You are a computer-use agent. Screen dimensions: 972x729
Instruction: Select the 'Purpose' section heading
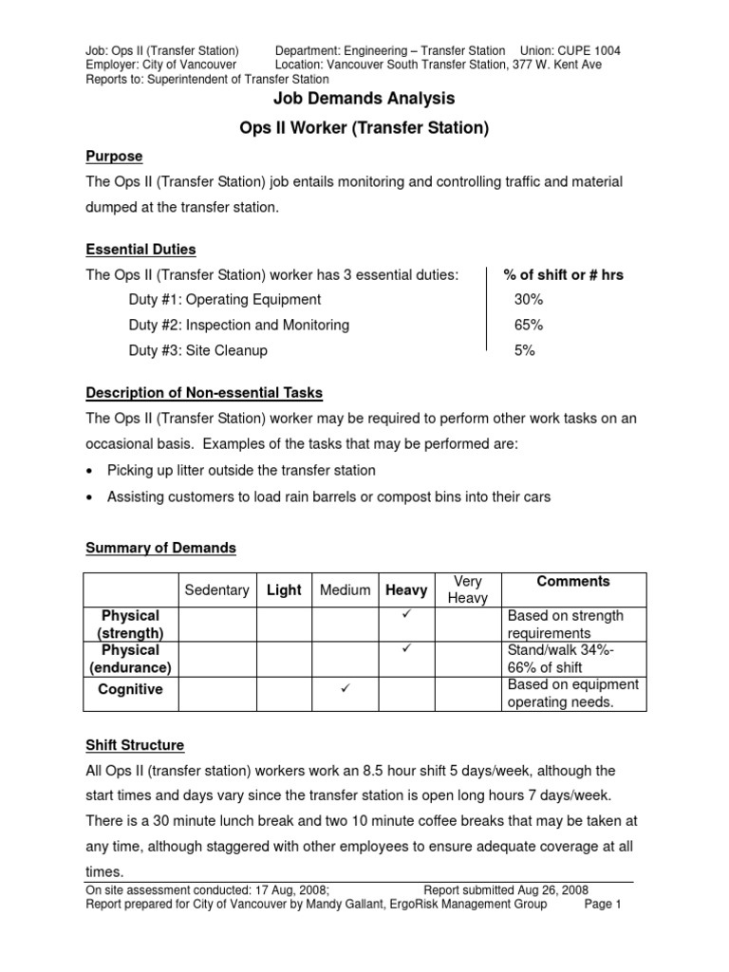click(114, 156)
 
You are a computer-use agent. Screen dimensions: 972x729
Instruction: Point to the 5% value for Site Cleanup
click(524, 351)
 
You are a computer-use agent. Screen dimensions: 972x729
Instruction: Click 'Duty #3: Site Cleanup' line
click(197, 351)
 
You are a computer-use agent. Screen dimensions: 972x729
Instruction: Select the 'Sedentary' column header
click(216, 590)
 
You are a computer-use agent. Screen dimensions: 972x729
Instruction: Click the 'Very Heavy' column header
click(467, 589)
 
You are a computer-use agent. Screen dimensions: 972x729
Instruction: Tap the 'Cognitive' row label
click(130, 690)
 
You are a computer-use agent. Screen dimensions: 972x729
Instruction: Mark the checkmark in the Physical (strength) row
click(405, 616)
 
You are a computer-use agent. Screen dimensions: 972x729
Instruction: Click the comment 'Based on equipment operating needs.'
click(572, 694)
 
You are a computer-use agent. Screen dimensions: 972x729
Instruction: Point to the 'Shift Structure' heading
click(135, 745)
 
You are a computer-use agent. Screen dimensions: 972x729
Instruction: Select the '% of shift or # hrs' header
click(563, 275)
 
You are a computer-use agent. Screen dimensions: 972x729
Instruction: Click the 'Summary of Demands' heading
click(160, 549)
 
